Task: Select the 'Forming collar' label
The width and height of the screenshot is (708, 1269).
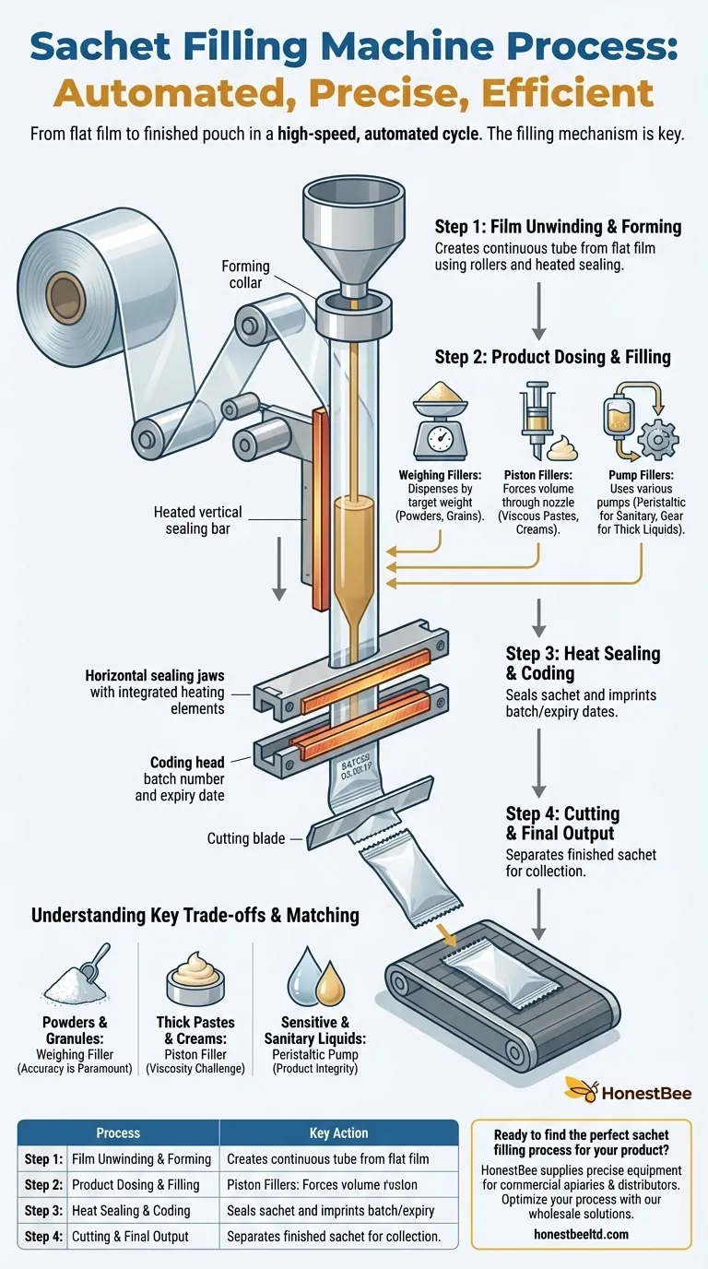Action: [245, 275]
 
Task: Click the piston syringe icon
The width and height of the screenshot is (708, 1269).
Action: [534, 417]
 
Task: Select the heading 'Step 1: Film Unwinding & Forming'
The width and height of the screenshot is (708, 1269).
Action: [558, 227]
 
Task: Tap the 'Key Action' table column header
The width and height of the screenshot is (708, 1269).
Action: [338, 1133]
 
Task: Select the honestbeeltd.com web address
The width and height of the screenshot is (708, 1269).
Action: [581, 1233]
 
